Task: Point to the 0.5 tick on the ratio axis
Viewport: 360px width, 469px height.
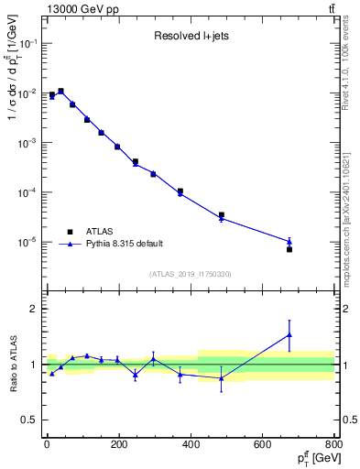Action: pos(28,420)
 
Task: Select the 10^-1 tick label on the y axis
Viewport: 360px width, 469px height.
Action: pos(26,44)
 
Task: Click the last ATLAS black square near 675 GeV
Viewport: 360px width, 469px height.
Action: pos(289,249)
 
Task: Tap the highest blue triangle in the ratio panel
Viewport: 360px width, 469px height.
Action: pos(289,335)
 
